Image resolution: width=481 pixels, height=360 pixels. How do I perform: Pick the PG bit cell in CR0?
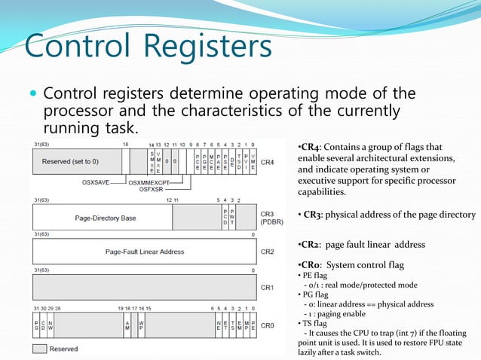(x=36, y=325)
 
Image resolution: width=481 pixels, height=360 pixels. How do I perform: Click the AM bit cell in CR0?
(x=127, y=325)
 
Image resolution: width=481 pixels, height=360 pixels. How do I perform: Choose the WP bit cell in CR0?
(x=141, y=325)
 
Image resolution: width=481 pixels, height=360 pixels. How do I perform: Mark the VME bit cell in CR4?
(x=253, y=161)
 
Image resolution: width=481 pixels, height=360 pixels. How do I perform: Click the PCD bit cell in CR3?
(x=224, y=218)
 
